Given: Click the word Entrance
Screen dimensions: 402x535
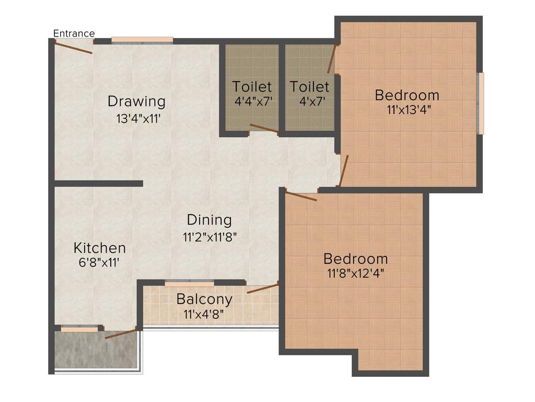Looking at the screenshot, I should [74, 33].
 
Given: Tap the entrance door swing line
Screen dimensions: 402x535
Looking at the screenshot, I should [74, 47].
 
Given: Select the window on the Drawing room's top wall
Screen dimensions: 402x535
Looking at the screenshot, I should [142, 40].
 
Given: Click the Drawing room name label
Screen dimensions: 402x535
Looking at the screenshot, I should [136, 100].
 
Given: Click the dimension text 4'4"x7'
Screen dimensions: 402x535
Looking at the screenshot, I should [254, 102].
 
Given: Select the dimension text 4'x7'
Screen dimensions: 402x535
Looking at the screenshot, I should [310, 102].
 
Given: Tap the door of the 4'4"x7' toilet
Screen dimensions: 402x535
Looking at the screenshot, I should [263, 129].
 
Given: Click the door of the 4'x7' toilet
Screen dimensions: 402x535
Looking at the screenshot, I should [331, 59].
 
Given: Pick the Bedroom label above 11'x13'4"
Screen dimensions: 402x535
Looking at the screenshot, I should [407, 95].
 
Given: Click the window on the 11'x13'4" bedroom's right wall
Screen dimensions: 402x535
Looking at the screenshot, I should [481, 103].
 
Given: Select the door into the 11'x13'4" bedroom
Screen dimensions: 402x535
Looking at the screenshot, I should [343, 171].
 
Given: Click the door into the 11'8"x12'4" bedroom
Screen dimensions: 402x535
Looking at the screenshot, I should [301, 196].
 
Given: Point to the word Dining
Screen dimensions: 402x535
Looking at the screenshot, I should [209, 219].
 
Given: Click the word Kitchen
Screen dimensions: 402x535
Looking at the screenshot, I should [99, 248].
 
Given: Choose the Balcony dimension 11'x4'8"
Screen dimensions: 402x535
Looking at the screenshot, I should [204, 315].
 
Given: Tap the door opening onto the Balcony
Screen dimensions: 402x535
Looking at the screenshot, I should [262, 288].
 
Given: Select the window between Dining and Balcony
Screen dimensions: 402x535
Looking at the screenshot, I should [189, 284].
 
